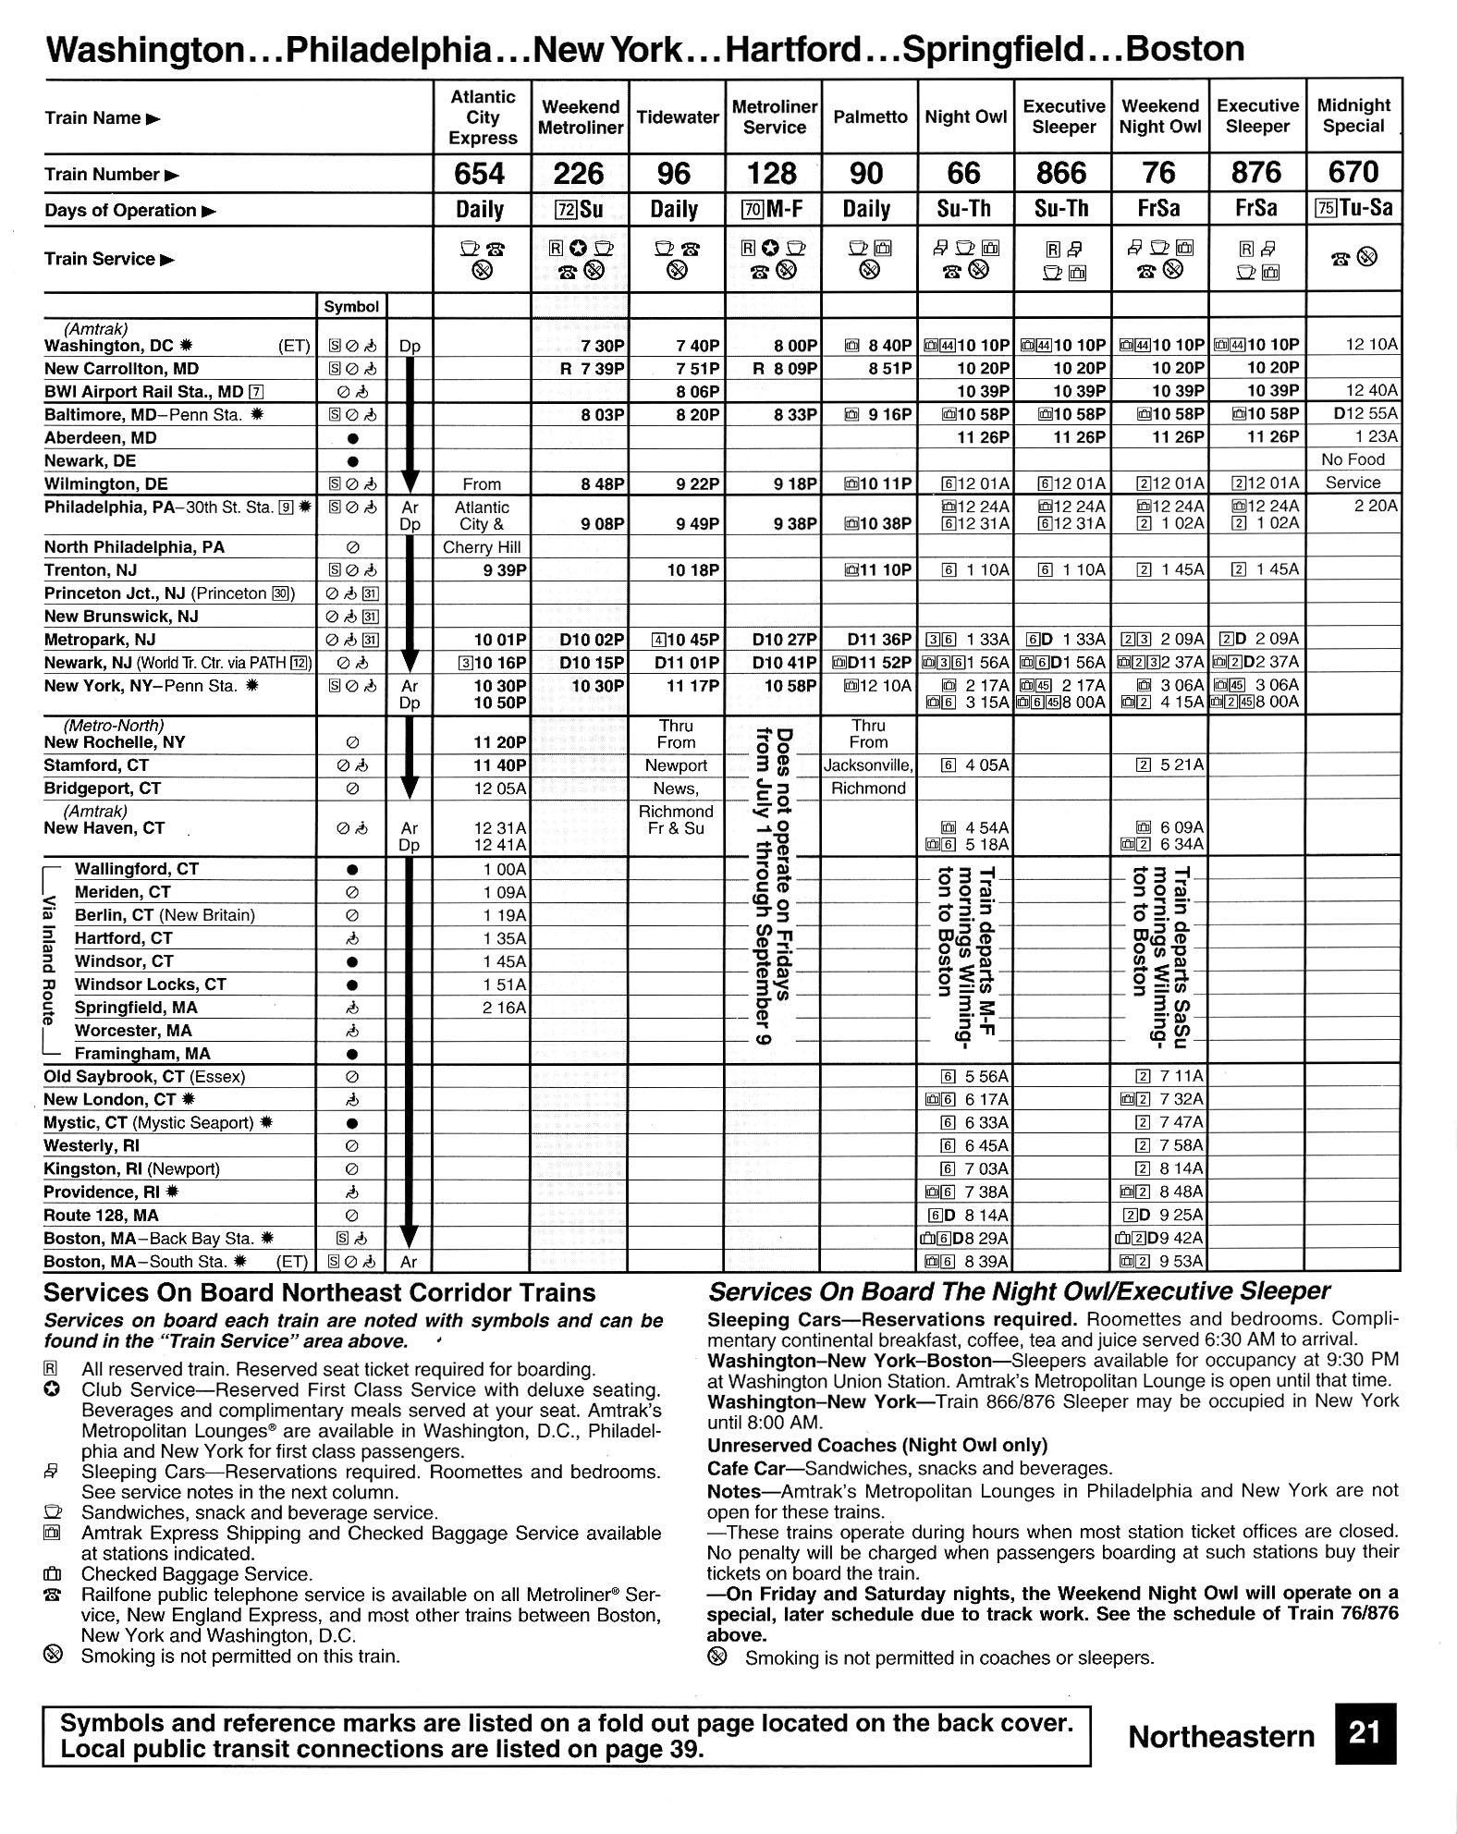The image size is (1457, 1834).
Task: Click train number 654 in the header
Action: tap(481, 173)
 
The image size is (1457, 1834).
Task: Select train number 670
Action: tap(1353, 172)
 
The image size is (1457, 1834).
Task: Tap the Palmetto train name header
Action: tap(869, 117)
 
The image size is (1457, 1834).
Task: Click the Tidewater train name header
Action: tap(677, 117)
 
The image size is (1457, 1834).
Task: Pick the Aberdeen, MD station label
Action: tap(101, 438)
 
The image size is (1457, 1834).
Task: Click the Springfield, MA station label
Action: tap(136, 1008)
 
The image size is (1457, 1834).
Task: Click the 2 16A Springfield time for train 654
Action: tap(504, 1008)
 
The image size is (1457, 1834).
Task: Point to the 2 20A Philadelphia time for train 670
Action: tap(1376, 507)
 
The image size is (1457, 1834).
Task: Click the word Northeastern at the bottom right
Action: tap(1220, 1737)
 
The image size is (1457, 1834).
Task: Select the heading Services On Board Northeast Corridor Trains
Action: tap(320, 1293)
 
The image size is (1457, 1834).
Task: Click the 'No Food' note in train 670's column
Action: tap(1353, 460)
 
